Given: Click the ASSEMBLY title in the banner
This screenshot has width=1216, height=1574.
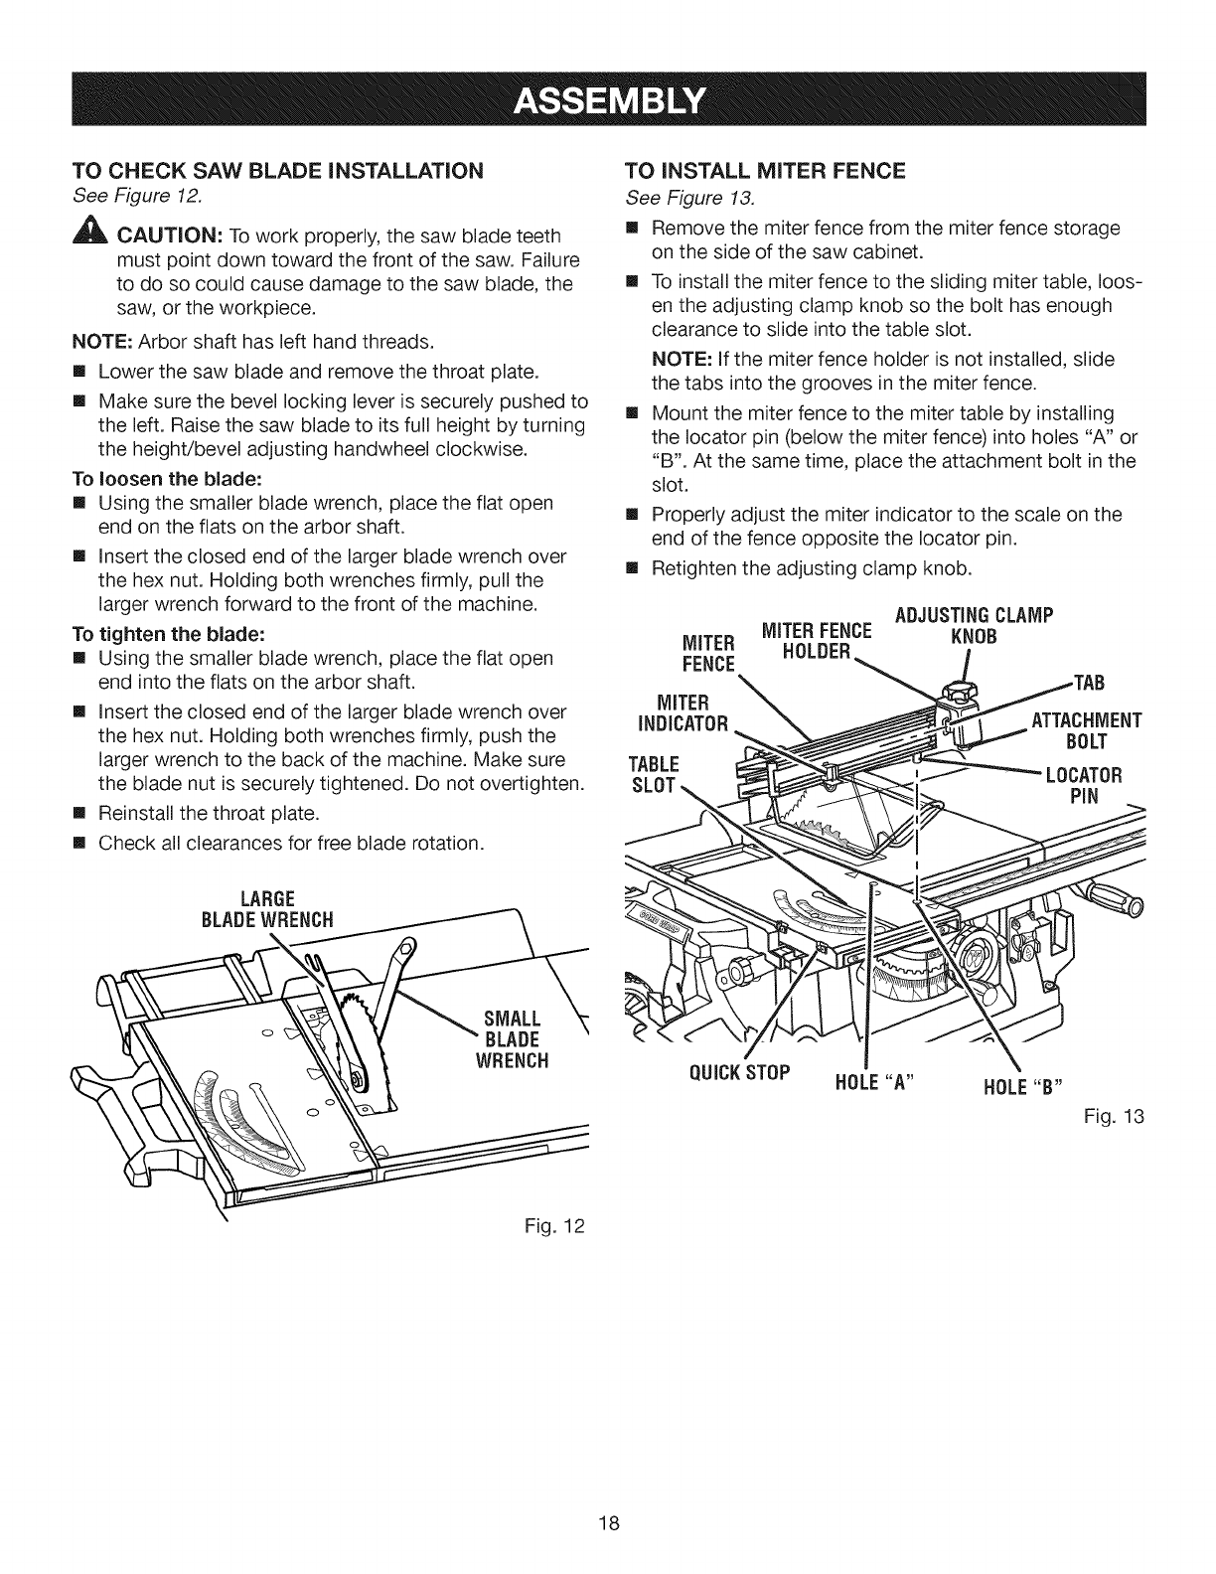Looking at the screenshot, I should tap(607, 101).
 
